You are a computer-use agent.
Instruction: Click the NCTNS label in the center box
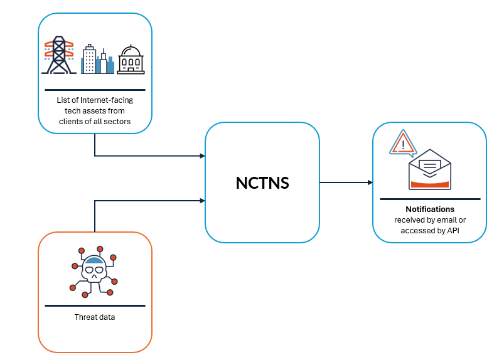[x=262, y=183]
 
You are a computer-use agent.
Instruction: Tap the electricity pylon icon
[x=58, y=55]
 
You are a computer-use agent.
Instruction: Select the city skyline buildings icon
[x=97, y=60]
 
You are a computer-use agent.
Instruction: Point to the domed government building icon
[x=131, y=60]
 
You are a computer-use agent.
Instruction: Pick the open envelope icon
[x=430, y=169]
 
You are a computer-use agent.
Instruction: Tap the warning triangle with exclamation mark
[x=403, y=144]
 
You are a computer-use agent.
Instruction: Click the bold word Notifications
[x=430, y=209]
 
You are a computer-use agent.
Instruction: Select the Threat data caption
[x=95, y=317]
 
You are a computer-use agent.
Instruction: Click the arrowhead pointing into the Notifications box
[x=370, y=183]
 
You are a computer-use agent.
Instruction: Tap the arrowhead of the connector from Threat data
[x=202, y=201]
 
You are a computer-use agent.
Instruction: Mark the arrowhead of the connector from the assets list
[x=202, y=156]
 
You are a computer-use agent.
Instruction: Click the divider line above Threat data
[x=95, y=306]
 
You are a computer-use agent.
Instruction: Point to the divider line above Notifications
[x=430, y=199]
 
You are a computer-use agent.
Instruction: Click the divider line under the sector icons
[x=95, y=90]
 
